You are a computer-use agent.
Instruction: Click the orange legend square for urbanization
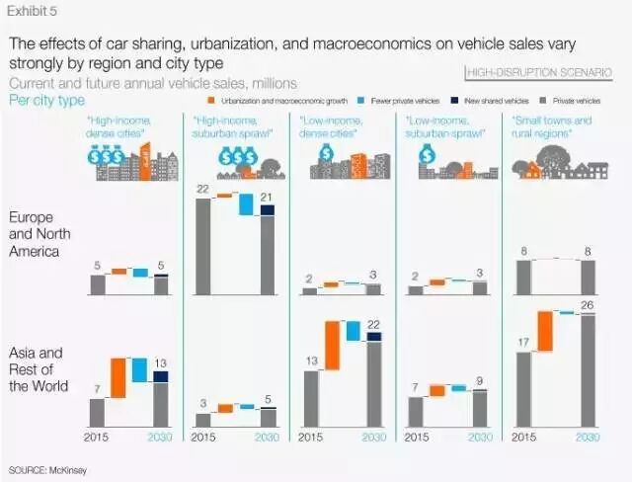click(211, 101)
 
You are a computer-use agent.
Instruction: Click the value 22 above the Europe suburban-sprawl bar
click(202, 189)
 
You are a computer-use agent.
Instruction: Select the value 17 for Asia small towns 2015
click(523, 343)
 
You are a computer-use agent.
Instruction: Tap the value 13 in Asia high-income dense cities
click(162, 363)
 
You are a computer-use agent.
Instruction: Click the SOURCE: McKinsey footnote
click(47, 468)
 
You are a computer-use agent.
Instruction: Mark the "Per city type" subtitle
click(45, 101)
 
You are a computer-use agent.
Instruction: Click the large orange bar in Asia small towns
click(544, 330)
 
